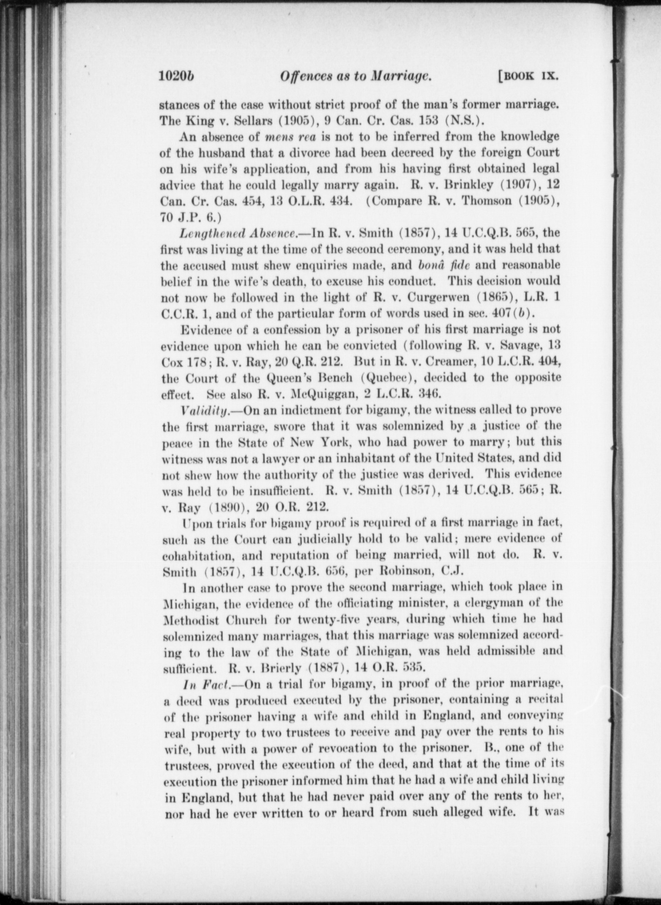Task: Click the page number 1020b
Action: [x=177, y=76]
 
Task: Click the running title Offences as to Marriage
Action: [x=356, y=76]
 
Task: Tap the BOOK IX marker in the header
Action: [x=528, y=76]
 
